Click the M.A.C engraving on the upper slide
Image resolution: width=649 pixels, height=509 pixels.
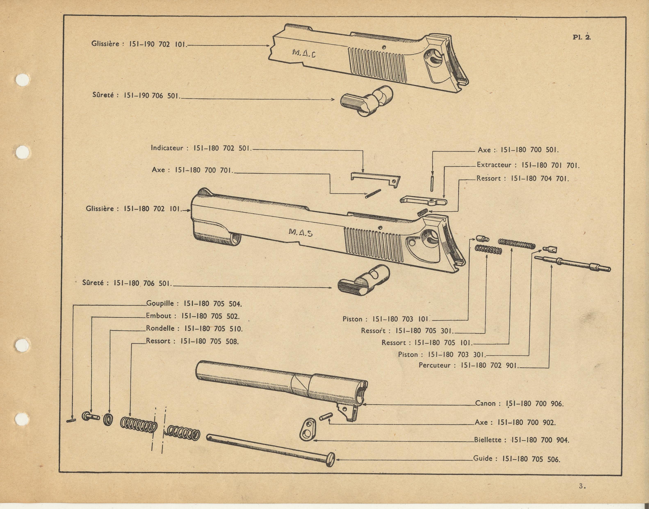pos(304,54)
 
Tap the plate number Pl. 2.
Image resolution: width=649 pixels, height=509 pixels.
pos(581,37)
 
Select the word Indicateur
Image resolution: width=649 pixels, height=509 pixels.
pos(167,148)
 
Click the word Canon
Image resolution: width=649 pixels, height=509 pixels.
pos(485,404)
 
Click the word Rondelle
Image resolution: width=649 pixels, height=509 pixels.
pos(160,328)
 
